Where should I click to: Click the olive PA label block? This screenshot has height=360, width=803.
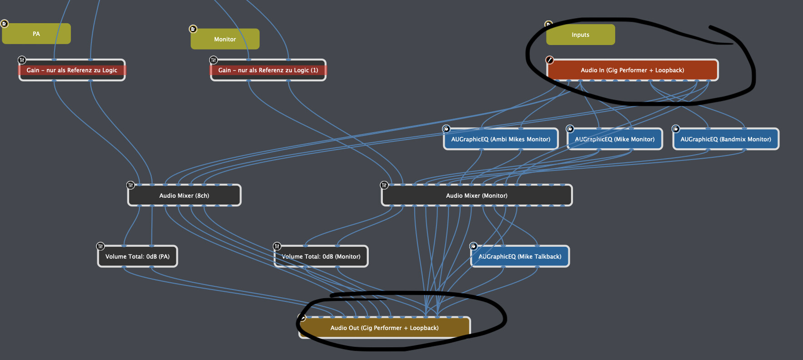[x=36, y=34]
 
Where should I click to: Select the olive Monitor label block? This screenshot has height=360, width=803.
[x=225, y=39]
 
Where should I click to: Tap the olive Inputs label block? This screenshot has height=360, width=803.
[x=580, y=35]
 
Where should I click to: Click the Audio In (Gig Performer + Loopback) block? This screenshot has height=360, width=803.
[x=632, y=70]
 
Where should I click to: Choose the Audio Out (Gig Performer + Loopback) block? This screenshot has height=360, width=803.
[x=384, y=328]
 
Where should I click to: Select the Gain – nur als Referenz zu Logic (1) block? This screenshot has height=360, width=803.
[x=268, y=70]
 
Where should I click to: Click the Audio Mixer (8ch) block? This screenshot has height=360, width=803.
[x=184, y=195]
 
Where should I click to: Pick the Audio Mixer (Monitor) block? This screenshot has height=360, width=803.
[x=477, y=195]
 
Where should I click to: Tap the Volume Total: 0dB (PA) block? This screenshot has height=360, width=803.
[x=137, y=256]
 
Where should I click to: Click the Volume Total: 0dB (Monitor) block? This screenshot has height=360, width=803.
[x=321, y=256]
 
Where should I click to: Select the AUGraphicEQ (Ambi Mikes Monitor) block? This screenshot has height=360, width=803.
[x=501, y=139]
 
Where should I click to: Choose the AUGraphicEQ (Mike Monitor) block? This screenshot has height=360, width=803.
[x=615, y=139]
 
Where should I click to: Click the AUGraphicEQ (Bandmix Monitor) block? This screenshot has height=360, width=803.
[x=726, y=139]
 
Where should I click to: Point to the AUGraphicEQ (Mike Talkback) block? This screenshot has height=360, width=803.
[x=520, y=256]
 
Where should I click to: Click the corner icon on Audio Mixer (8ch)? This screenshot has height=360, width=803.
[x=130, y=185]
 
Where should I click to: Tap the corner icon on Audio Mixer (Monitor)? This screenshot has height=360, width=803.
[x=384, y=185]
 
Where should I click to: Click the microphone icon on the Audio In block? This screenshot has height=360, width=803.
[x=549, y=60]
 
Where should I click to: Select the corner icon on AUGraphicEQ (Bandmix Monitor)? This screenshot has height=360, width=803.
[x=676, y=129]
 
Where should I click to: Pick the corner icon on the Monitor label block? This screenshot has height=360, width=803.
[x=193, y=29]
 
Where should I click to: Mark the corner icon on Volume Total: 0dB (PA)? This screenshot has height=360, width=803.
[x=100, y=246]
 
